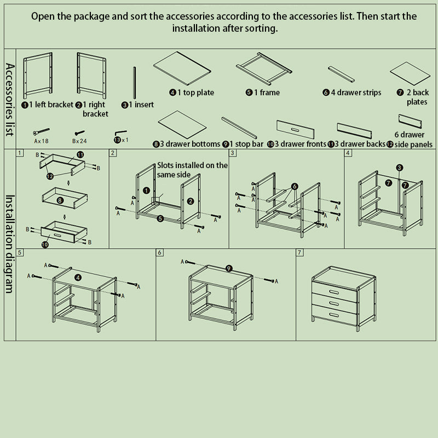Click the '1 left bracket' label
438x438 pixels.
[48, 105]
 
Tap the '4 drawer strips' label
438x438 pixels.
[351, 93]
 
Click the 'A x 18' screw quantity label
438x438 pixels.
[41, 140]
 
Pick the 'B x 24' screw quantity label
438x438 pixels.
[80, 140]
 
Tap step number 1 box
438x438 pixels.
[20, 153]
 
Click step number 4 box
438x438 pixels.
[348, 153]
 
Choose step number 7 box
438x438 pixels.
[299, 253]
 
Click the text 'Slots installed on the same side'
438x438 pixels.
[192, 169]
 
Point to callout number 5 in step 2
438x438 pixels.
[160, 218]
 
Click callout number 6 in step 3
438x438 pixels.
[294, 187]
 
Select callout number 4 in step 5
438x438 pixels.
[78, 277]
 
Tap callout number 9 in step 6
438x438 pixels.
[228, 268]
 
